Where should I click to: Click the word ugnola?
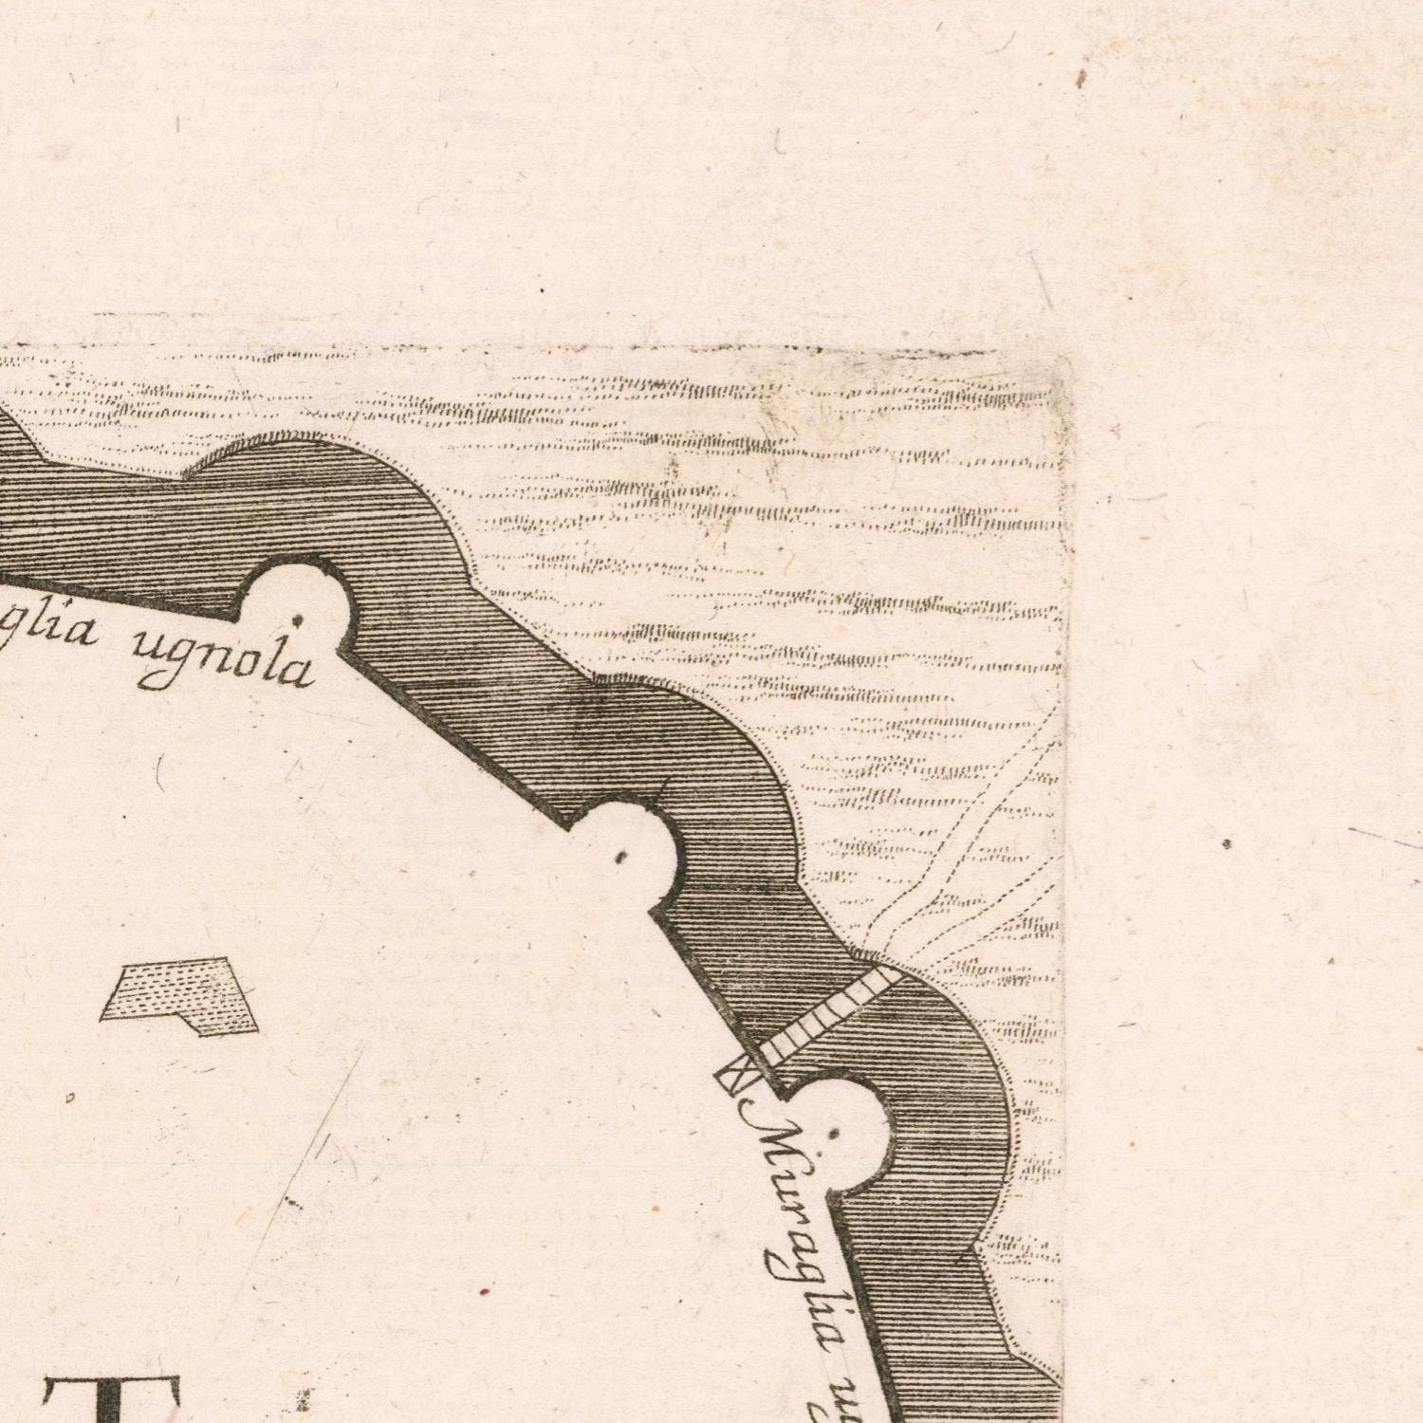(225, 660)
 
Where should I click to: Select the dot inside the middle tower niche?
(621, 857)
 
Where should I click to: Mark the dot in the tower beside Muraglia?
(834, 1133)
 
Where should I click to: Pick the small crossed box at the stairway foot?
(735, 1079)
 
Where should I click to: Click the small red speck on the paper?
(484, 1290)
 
